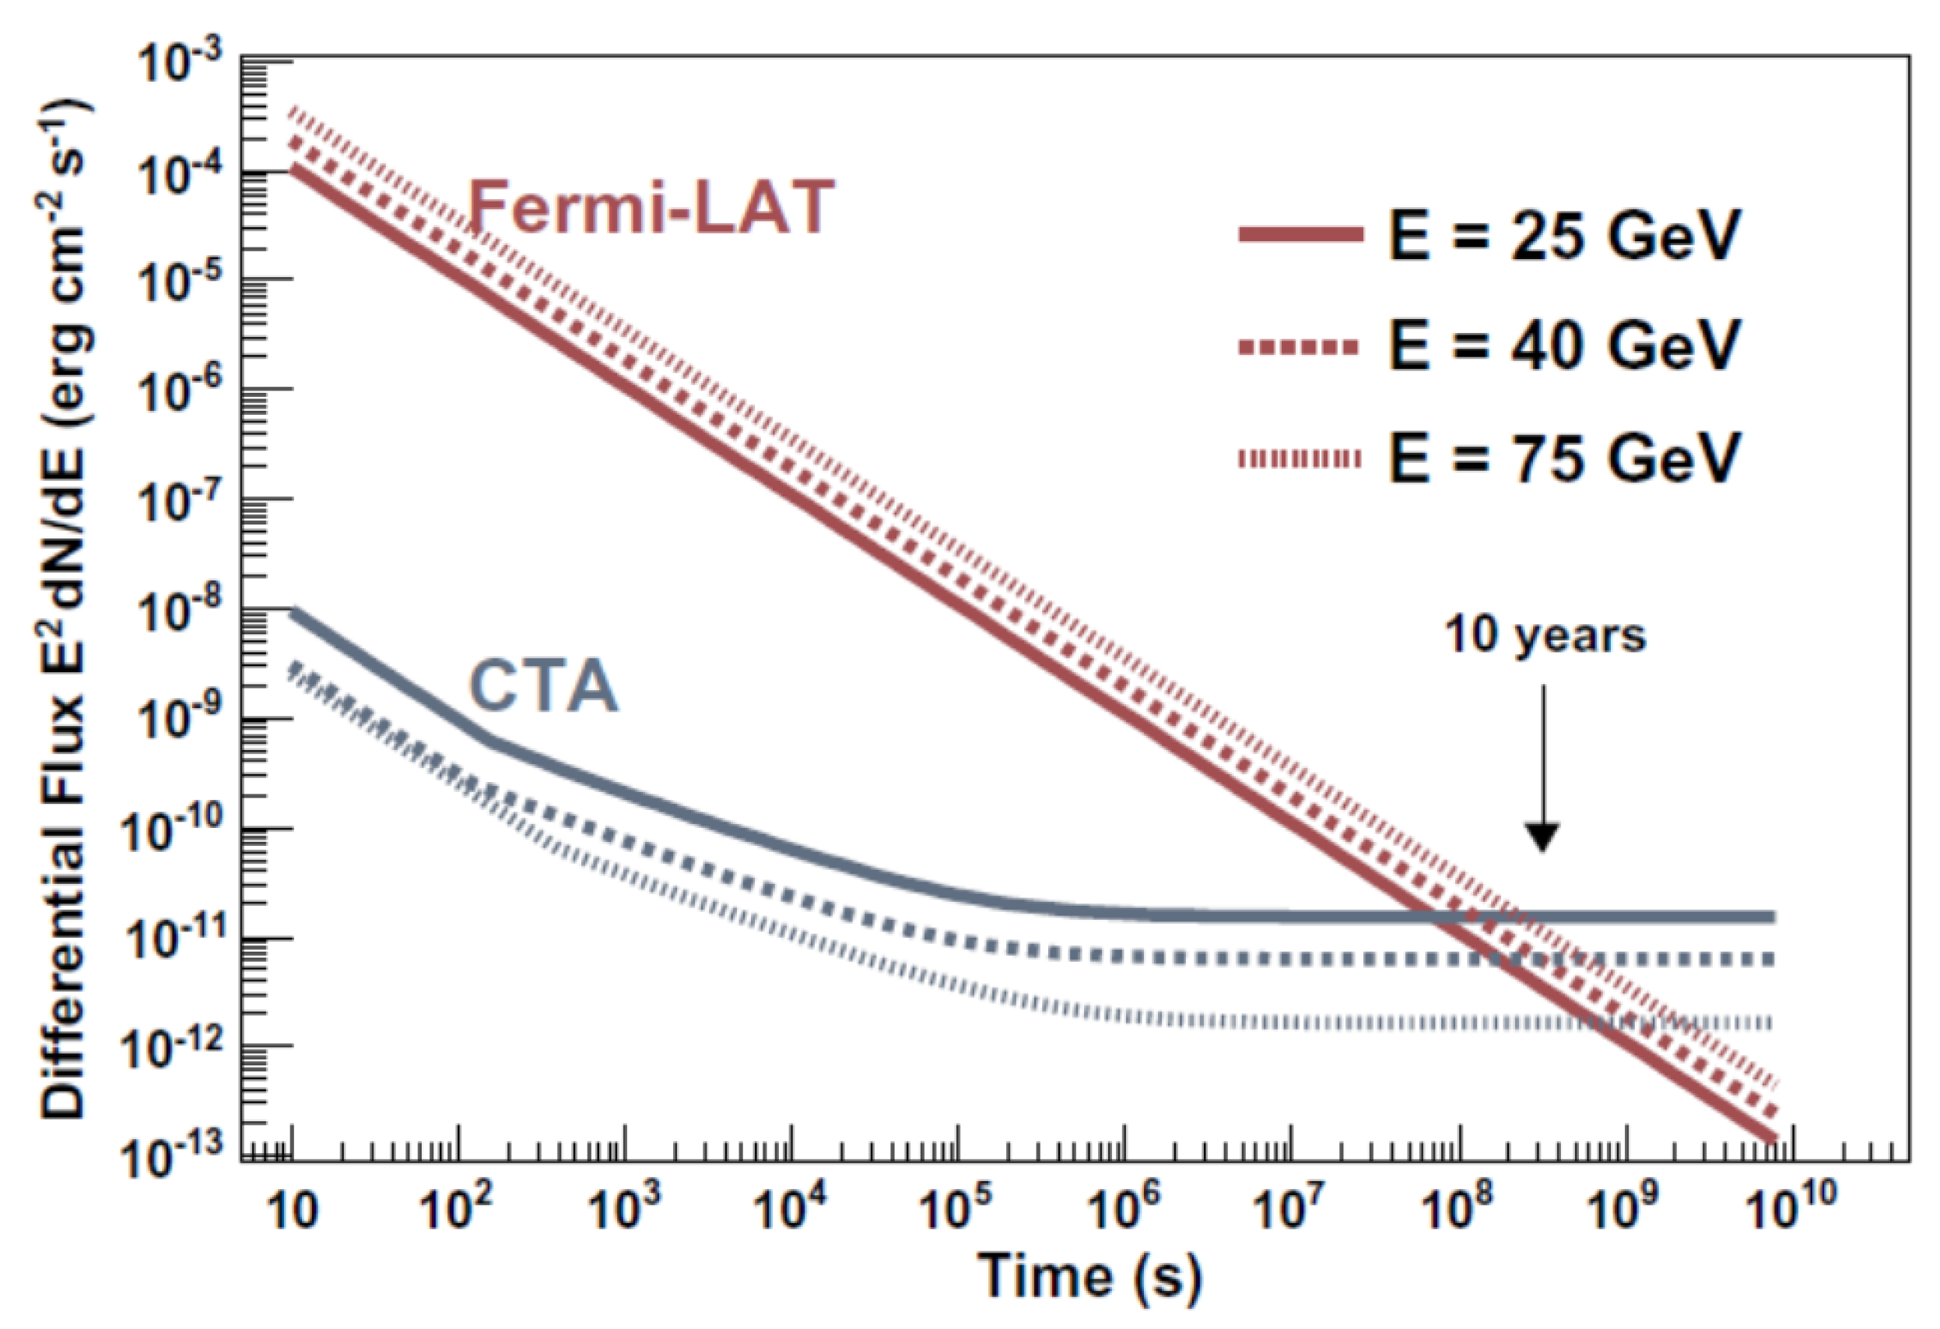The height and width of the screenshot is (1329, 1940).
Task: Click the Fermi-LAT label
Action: pos(652,207)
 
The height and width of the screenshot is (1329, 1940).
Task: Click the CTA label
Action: pos(543,686)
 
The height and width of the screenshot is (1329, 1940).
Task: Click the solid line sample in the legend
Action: pos(1300,236)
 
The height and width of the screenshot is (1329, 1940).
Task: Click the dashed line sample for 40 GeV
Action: pos(1300,346)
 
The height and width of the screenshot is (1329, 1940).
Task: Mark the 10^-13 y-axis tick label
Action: pos(171,1155)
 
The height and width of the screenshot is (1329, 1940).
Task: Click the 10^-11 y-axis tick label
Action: pos(171,938)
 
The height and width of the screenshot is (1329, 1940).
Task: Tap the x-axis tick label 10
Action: pos(292,1211)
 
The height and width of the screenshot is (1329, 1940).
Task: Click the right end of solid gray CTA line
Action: pos(1770,917)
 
